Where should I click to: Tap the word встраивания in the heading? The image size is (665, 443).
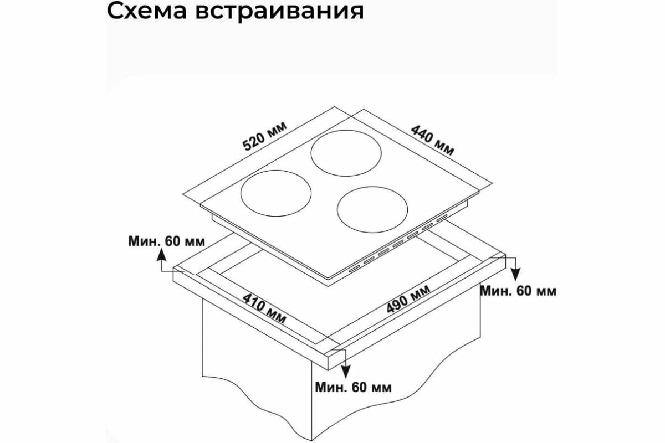pos(278,11)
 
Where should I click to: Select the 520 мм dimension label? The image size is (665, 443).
pos(265,136)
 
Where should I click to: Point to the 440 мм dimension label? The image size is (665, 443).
pos(433,139)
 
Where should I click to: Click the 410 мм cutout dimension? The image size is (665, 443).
pos(264,308)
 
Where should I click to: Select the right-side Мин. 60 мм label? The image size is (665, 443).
pos(518,291)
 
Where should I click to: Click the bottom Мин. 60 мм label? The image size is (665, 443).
pos(352,387)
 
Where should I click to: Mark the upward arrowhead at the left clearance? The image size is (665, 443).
pos(161,254)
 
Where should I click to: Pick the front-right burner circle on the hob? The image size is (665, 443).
pos(372,211)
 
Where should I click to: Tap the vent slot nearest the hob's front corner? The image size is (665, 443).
pos(353,271)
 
